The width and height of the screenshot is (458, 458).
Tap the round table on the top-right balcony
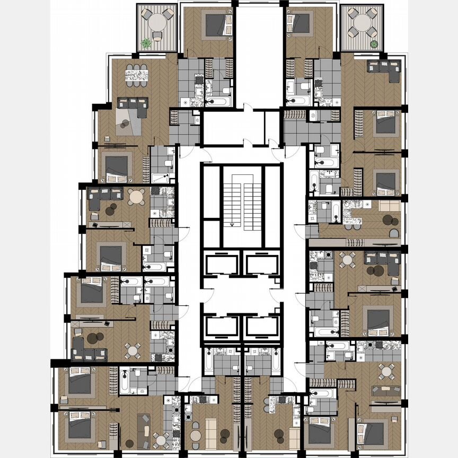point(362,23)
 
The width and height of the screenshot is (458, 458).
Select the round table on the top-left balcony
point(157,23)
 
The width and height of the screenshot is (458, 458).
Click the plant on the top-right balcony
point(374,44)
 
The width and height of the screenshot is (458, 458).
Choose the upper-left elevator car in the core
point(222,263)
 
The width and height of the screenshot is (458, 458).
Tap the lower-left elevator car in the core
point(222,327)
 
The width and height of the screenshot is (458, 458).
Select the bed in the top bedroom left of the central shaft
point(216,24)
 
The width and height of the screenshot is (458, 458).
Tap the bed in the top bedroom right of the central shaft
point(301,24)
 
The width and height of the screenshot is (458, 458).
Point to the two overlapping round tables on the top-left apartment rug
point(125,124)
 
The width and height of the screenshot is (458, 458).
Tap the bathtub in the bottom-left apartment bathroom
point(125,381)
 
